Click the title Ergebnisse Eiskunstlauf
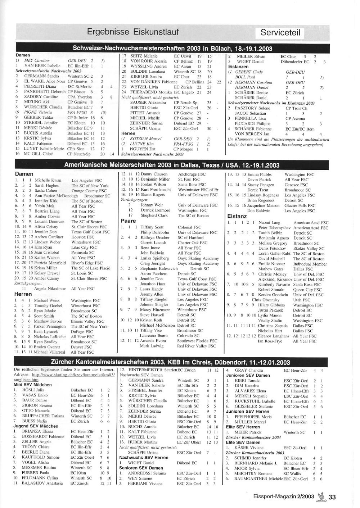[x=133, y=32]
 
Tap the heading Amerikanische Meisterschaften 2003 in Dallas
[x=172, y=165]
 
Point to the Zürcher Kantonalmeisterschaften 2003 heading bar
[x=170, y=362]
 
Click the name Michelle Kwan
[x=48, y=180]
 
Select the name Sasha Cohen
[x=46, y=191]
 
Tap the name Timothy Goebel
[x=48, y=306]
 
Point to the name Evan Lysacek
[x=46, y=332]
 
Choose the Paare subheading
[x=128, y=221]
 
